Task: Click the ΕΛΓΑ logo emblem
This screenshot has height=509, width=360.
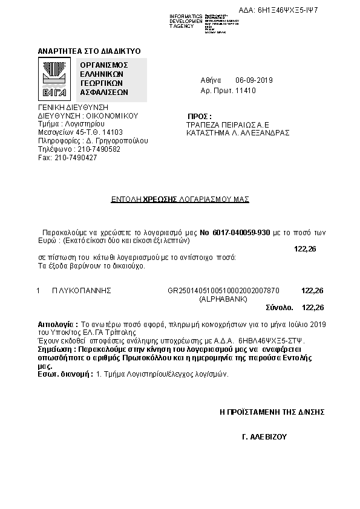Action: (54, 79)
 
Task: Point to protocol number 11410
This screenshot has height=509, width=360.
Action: (246, 91)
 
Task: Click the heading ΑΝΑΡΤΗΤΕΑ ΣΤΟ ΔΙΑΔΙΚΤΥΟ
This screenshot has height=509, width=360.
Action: (89, 51)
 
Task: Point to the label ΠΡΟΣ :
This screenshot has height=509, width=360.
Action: (200, 115)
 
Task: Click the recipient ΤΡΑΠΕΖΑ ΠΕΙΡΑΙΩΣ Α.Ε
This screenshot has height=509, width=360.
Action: (227, 124)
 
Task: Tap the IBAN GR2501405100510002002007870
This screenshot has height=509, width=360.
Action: (223, 290)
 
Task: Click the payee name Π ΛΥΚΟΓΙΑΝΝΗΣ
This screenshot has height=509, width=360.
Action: (82, 290)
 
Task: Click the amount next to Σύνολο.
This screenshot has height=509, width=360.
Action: (312, 307)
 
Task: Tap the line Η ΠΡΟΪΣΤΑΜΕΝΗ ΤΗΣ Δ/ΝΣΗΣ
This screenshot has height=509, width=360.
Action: (272, 412)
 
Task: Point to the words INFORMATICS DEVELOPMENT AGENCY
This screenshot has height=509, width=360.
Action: (186, 21)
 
